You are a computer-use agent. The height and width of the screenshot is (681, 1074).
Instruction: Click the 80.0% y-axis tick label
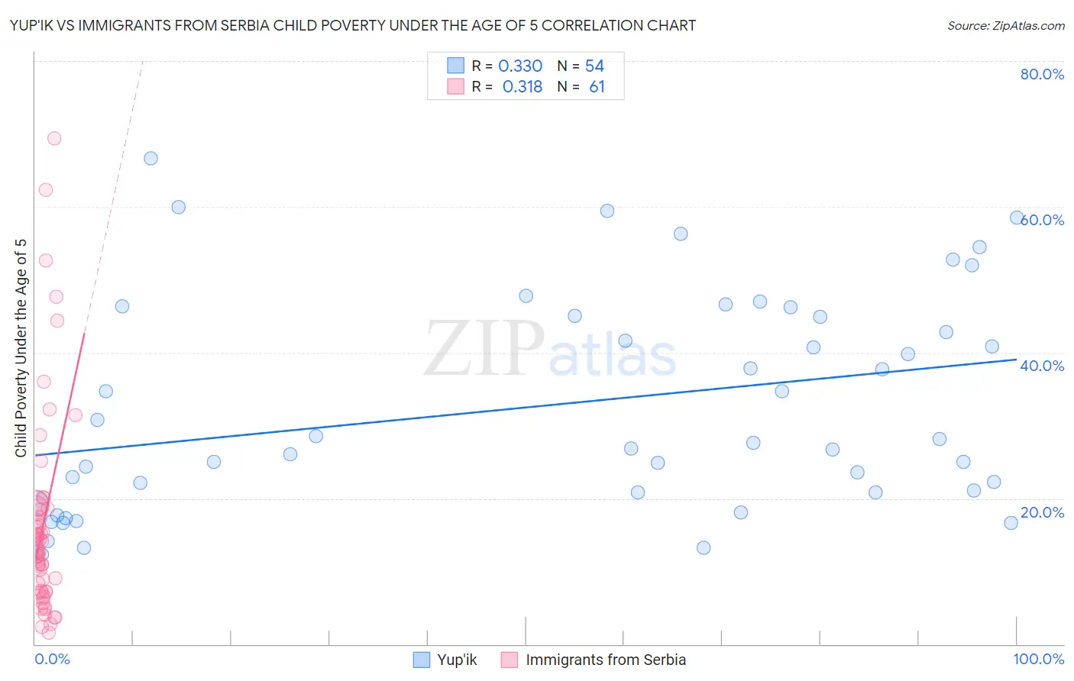pos(1042,74)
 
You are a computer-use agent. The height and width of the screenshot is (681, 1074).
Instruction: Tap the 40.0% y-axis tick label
pos(1042,366)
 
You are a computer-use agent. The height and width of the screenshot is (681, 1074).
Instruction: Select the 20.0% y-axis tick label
pos(1042,512)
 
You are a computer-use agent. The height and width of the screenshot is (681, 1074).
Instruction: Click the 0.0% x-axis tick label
pos(52,659)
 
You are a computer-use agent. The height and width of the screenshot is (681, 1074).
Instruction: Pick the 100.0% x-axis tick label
pos(1038,659)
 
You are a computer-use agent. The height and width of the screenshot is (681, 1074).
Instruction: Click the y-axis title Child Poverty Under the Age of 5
pos(21,348)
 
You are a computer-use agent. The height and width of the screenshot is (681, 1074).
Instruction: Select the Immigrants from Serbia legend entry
pos(594,660)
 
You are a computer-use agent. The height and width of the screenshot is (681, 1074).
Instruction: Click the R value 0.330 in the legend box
pos(520,66)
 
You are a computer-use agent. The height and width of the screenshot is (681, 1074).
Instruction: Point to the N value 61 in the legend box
pos(597,87)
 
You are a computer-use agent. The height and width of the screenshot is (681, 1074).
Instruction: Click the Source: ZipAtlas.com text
pos(1005,26)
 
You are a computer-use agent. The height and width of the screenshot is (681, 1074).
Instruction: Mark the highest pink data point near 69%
pos(54,138)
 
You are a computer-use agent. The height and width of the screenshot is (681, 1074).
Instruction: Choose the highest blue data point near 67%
pos(150,158)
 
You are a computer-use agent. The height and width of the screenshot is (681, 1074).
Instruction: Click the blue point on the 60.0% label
pos(1017,218)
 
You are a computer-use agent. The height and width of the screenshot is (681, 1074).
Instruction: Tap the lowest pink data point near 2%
pos(49,632)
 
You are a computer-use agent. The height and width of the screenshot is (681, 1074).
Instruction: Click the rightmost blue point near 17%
pos(1011,523)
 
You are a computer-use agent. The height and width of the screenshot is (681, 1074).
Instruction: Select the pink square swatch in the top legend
pos(455,86)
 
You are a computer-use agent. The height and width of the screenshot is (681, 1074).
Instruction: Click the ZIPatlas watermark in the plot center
pos(550,348)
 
